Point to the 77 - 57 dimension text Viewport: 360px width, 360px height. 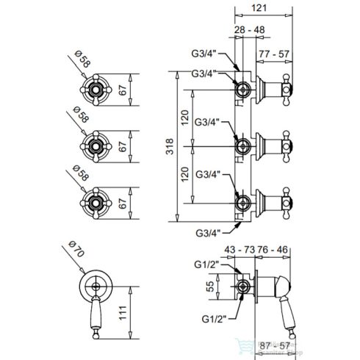pos(273,54)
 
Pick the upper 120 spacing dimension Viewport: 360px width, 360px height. pos(188,118)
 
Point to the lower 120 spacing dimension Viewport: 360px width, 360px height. pos(188,175)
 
